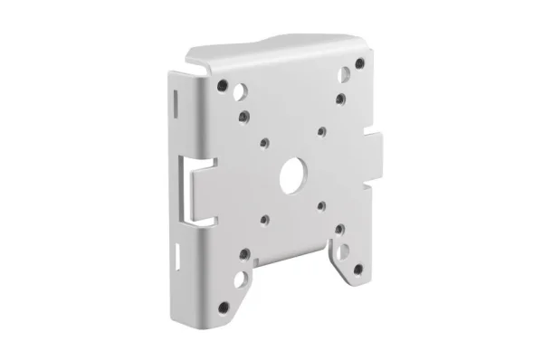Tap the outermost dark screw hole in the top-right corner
[x=361, y=62]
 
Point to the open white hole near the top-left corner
[x=239, y=92]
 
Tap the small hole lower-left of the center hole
[x=263, y=218]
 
